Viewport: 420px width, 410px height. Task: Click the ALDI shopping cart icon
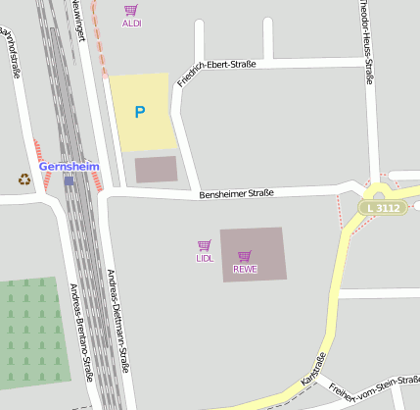[x=130, y=10]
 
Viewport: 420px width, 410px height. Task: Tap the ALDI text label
[x=131, y=23]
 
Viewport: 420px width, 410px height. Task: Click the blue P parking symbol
[x=139, y=112]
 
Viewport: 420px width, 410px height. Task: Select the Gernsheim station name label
[x=70, y=167]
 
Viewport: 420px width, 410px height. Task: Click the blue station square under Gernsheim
[x=69, y=180]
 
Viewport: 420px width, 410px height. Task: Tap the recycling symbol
[x=23, y=179]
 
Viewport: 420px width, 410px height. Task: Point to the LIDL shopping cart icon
[x=204, y=245]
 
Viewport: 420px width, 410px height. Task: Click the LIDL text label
[x=204, y=258]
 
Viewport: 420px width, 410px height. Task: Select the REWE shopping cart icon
[x=244, y=256]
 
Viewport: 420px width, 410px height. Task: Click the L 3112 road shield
[x=380, y=208]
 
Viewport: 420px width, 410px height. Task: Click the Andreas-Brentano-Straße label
[x=81, y=331]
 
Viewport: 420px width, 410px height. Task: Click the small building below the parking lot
[x=156, y=170]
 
